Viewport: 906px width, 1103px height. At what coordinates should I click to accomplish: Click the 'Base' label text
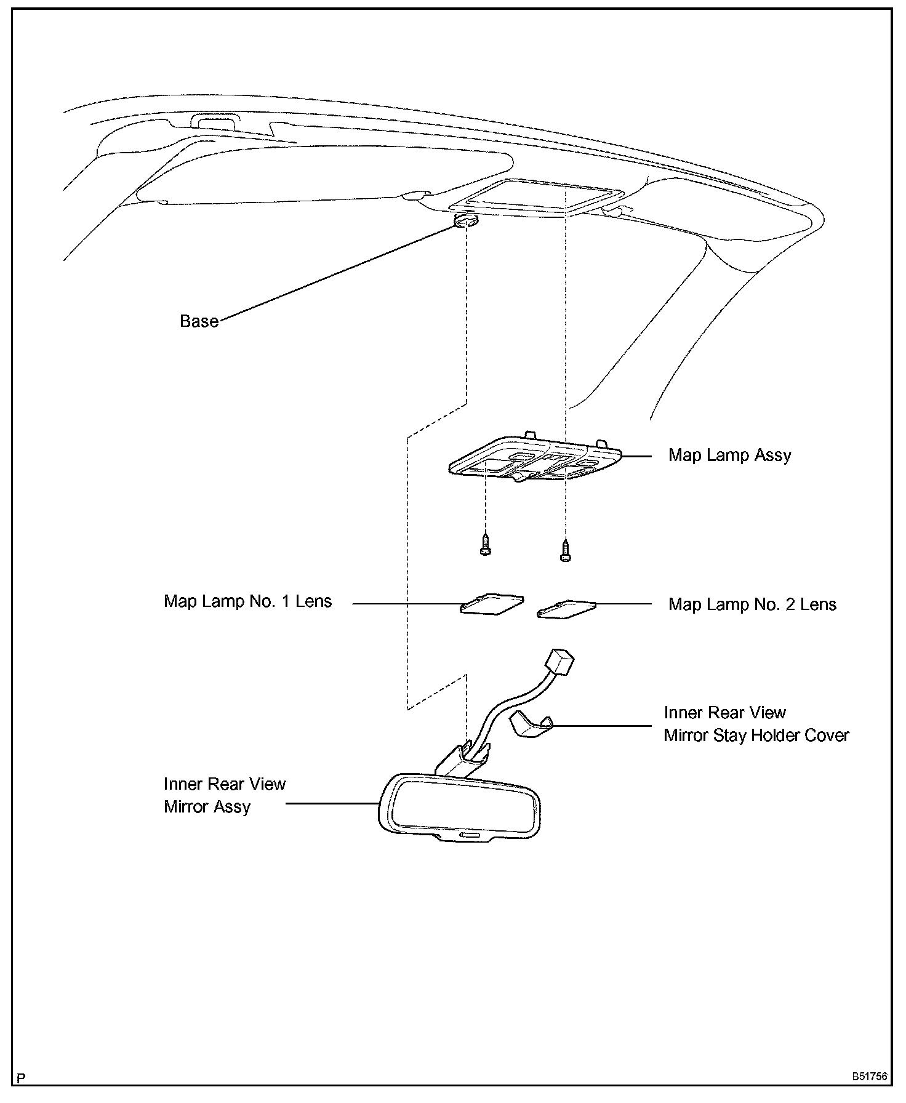coord(199,321)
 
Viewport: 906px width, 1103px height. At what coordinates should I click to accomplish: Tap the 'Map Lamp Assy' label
coord(729,455)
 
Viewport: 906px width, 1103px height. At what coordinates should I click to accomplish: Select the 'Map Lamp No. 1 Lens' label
coord(247,601)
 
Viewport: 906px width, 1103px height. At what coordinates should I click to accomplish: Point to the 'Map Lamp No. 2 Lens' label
coord(752,604)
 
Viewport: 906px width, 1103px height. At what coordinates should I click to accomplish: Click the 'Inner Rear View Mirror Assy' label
coord(224,795)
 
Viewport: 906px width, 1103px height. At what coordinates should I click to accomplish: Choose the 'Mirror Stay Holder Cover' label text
coord(756,736)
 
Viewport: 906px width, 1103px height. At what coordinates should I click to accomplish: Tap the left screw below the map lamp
coord(486,545)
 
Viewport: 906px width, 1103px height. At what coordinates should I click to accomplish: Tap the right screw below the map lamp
coord(565,550)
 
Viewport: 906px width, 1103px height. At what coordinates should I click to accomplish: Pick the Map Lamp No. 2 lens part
coord(566,609)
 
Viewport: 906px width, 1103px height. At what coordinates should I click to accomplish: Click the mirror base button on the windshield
coord(467,220)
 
